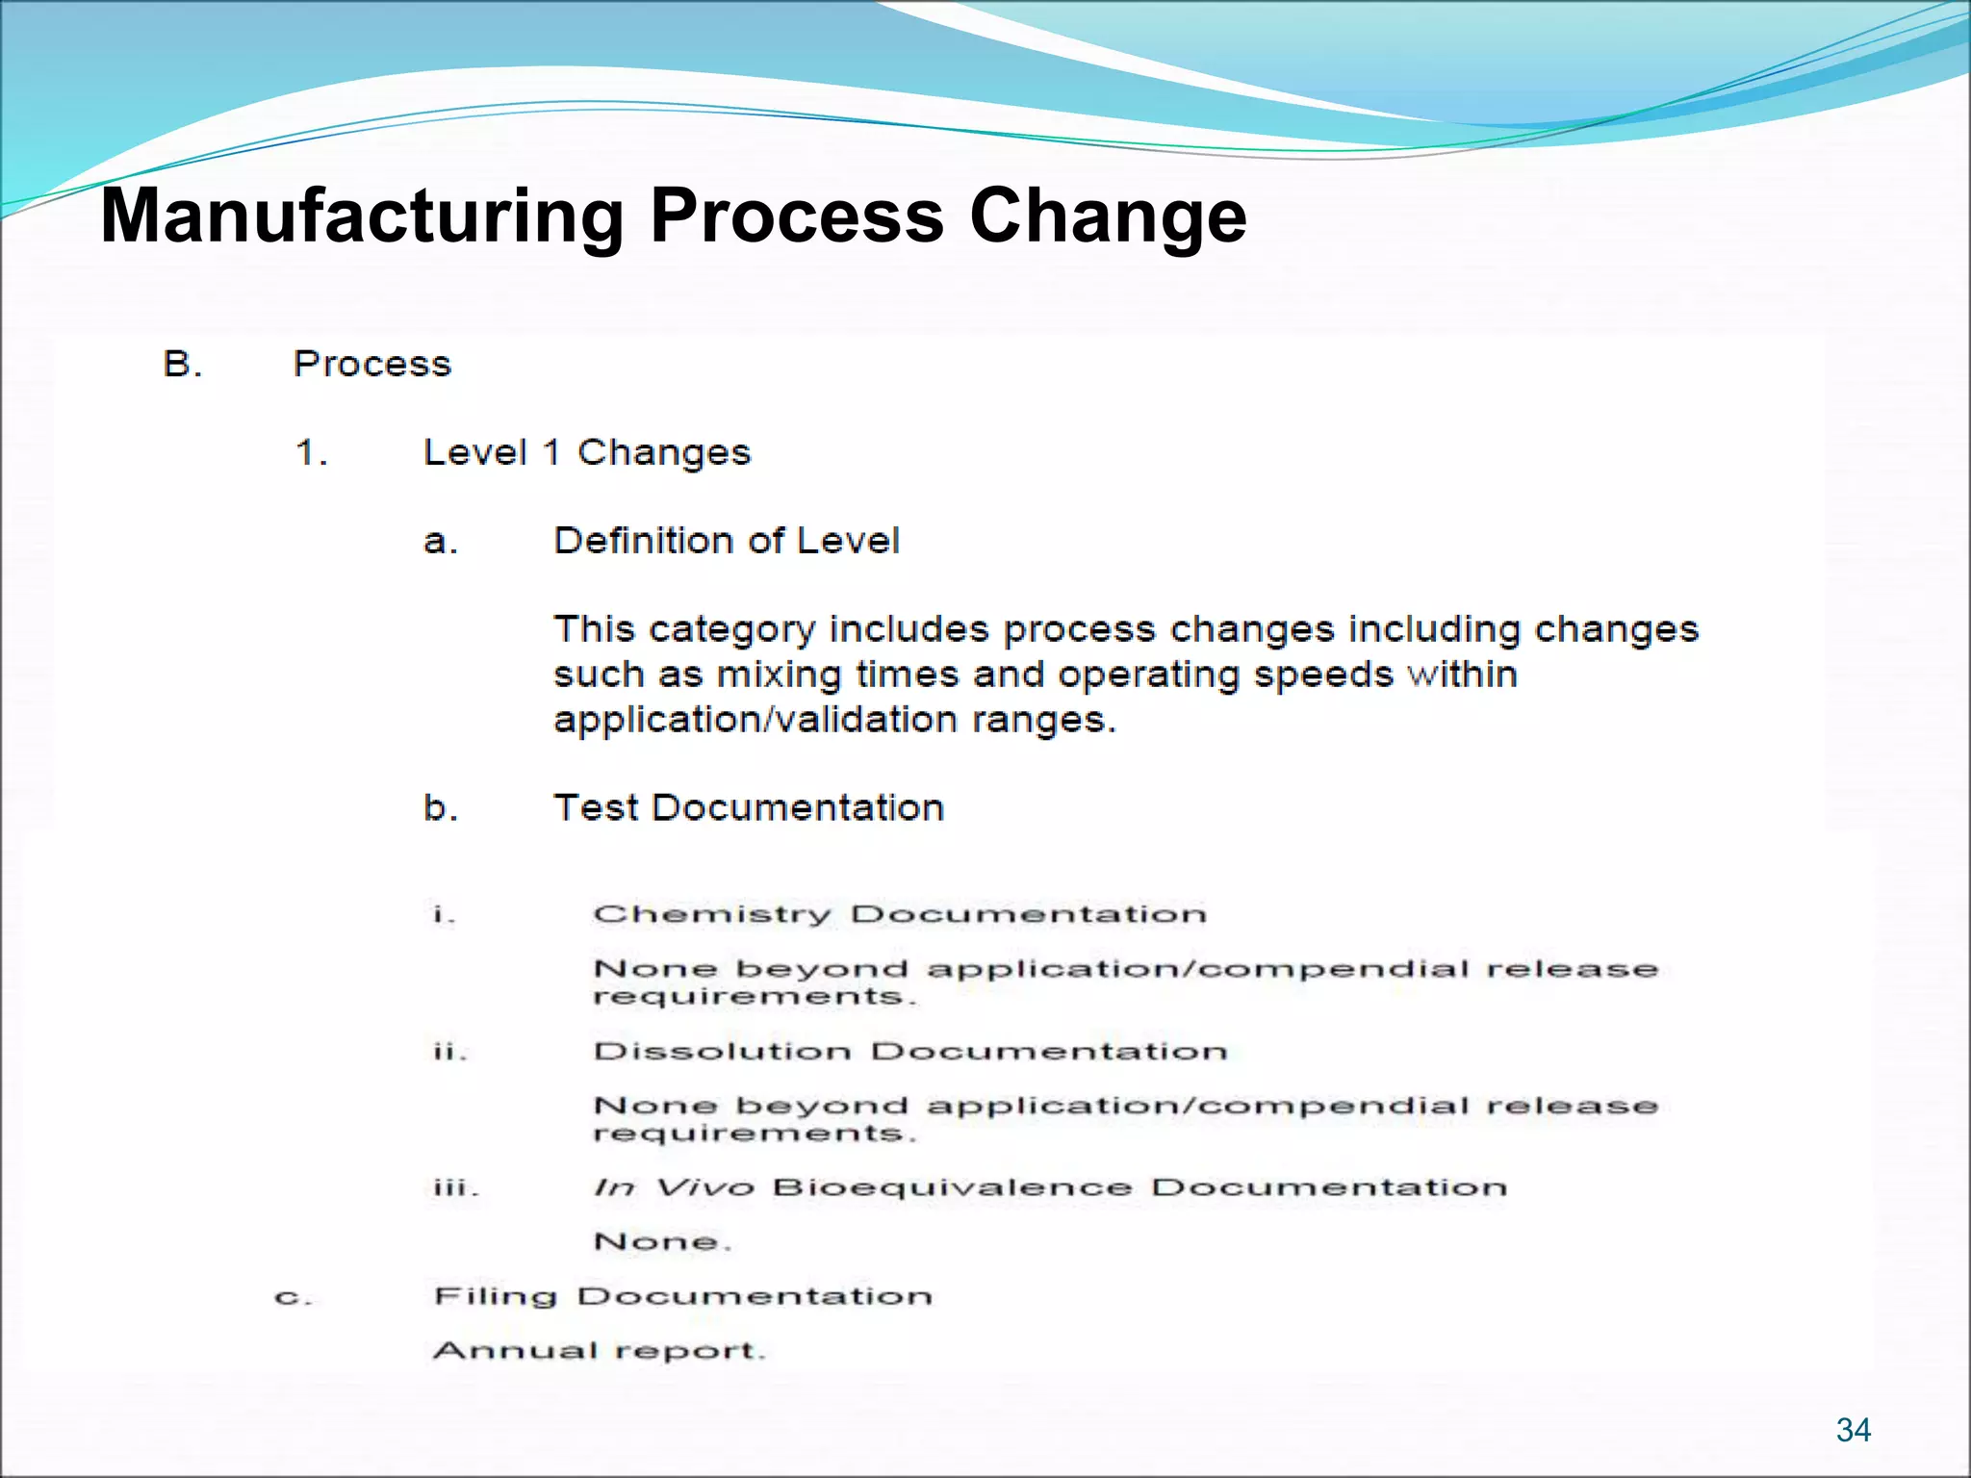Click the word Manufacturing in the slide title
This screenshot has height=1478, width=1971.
[362, 216]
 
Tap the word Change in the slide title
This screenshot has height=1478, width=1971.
[1108, 216]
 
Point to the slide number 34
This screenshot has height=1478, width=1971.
[1853, 1430]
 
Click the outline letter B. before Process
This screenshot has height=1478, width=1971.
[183, 365]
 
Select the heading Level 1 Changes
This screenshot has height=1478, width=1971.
[586, 452]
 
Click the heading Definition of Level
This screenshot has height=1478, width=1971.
[727, 541]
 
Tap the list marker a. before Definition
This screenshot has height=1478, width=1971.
[440, 542]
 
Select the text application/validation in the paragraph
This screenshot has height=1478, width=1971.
[755, 720]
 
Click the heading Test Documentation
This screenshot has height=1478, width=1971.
[749, 808]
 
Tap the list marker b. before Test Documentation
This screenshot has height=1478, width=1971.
[440, 808]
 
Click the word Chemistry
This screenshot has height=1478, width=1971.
[711, 914]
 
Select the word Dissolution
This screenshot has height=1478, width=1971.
[722, 1051]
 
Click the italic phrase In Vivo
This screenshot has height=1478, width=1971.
[673, 1187]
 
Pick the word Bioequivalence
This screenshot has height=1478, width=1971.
[952, 1187]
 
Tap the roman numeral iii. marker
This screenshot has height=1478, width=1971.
[454, 1187]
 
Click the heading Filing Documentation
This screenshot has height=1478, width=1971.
[682, 1297]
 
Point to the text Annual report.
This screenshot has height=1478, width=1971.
[599, 1351]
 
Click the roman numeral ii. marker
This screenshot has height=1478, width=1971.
[449, 1051]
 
